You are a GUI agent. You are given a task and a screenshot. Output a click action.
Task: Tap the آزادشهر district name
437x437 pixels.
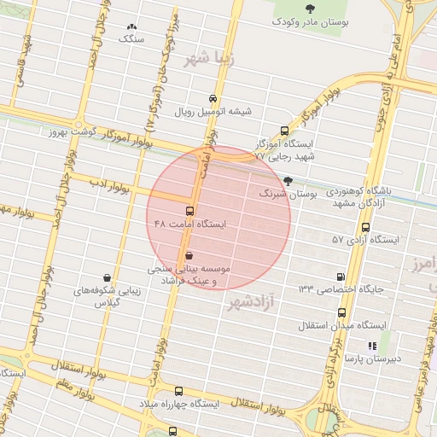pyautogui.click(x=253, y=301)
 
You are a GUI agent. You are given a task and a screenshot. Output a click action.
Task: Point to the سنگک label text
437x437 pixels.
pyautogui.click(x=132, y=39)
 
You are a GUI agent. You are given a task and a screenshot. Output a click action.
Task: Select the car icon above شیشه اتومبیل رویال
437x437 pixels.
pyautogui.click(x=213, y=98)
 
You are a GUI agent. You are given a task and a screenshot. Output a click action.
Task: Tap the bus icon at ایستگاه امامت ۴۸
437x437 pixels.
pyautogui.click(x=189, y=211)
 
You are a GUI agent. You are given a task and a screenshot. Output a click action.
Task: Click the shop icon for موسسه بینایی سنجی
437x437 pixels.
pyautogui.click(x=189, y=255)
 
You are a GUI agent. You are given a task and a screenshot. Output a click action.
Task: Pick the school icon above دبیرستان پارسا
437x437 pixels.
pyautogui.click(x=372, y=346)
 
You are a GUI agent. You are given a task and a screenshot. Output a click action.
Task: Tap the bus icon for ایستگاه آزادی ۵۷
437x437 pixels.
pyautogui.click(x=366, y=227)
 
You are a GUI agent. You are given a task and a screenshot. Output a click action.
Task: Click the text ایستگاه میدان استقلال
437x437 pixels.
pyautogui.click(x=342, y=326)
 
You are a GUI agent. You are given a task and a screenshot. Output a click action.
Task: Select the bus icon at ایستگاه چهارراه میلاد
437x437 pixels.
pyautogui.click(x=178, y=391)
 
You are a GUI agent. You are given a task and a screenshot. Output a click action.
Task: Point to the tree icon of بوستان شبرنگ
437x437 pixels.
pyautogui.click(x=288, y=181)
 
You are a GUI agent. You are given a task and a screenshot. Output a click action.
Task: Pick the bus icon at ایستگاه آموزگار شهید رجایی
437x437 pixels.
pyautogui.click(x=284, y=131)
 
